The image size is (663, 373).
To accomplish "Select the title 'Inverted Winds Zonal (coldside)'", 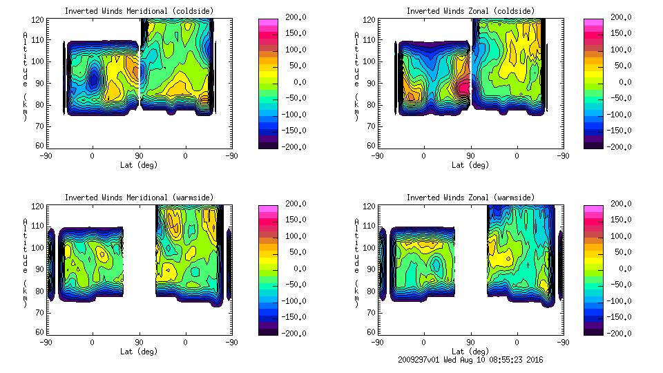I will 470,11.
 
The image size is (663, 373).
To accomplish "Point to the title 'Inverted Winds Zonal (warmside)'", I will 470,198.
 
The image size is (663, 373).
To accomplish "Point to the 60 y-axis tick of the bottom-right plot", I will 372,332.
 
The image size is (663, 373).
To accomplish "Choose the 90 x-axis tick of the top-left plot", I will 139,155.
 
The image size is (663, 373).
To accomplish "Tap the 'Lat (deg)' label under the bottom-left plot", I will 140,352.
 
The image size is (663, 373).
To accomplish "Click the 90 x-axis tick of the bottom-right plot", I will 470,342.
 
